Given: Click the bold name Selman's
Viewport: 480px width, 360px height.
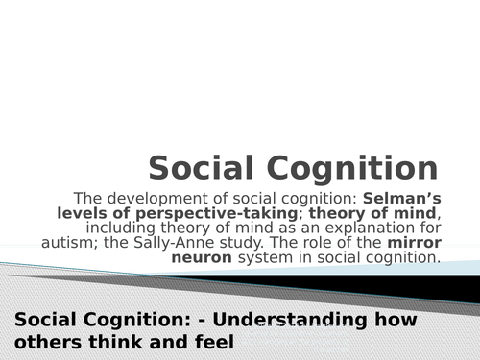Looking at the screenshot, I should tap(402, 199).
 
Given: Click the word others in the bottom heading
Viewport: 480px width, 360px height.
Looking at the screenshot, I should tap(44, 340).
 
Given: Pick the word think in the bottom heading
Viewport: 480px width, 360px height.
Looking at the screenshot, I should tap(104, 340).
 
